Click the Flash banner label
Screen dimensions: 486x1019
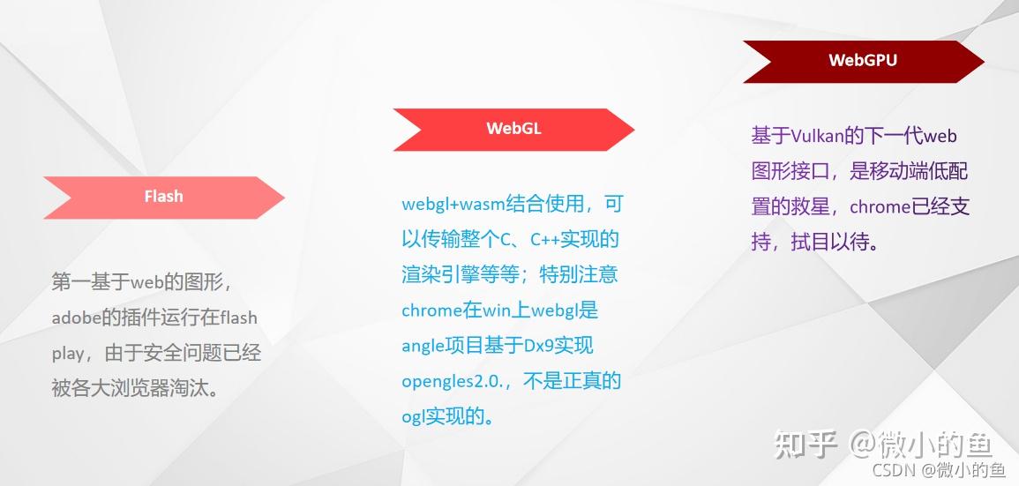tap(164, 197)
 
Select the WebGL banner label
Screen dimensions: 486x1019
tap(513, 129)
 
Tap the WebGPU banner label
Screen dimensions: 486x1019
tap(863, 61)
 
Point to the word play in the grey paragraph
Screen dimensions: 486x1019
tap(67, 354)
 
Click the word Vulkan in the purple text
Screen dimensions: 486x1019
tap(820, 136)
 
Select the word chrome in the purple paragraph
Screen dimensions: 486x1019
tap(880, 207)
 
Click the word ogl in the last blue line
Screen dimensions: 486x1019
tap(413, 416)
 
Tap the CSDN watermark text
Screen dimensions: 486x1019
tap(891, 470)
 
